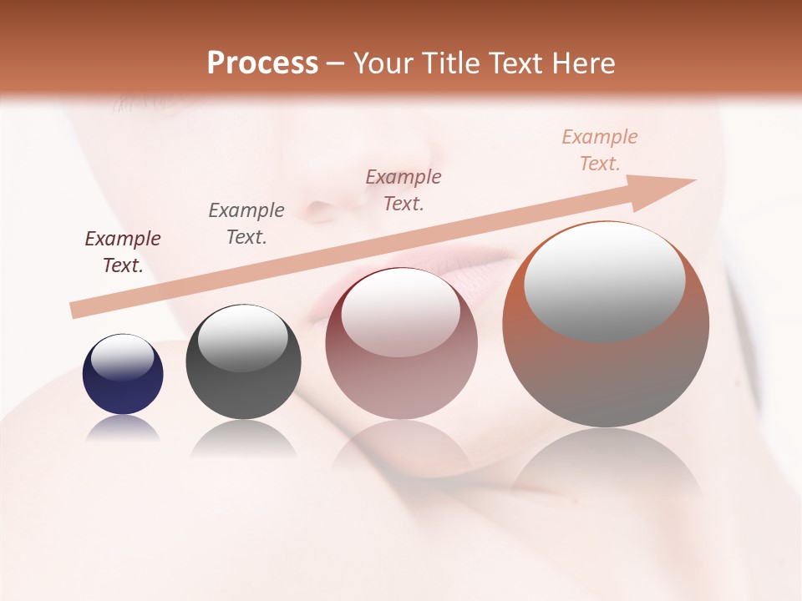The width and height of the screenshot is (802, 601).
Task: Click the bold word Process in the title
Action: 262,63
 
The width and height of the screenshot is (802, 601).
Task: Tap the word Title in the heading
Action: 445,63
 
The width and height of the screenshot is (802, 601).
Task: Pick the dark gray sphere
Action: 243,392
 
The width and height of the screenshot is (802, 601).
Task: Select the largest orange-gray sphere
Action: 606,376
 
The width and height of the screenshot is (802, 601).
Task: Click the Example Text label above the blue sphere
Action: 123,252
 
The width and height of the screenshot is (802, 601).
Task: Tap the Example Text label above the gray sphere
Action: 246,224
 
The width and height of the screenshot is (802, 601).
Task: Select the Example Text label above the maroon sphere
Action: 404,190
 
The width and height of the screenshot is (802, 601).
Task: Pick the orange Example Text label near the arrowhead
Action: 600,150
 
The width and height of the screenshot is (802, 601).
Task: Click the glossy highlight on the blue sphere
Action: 122,357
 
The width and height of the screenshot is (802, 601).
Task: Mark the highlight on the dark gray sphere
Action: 242,337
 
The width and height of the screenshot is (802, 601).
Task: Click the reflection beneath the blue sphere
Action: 123,428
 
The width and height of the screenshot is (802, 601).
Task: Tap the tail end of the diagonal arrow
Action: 77,311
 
